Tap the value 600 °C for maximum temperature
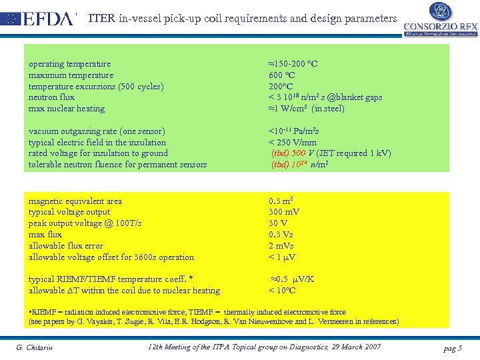283,75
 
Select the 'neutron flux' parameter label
51,97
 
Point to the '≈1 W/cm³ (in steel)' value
306,109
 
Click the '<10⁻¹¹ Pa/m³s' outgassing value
293,131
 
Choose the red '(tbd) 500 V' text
289,153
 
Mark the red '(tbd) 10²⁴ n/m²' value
298,165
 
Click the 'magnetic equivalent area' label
75,201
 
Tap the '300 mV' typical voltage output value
284,212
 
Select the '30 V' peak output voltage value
278,223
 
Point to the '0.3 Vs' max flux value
281,235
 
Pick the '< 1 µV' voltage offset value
282,257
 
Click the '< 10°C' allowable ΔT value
282,291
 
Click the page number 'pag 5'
452,348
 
